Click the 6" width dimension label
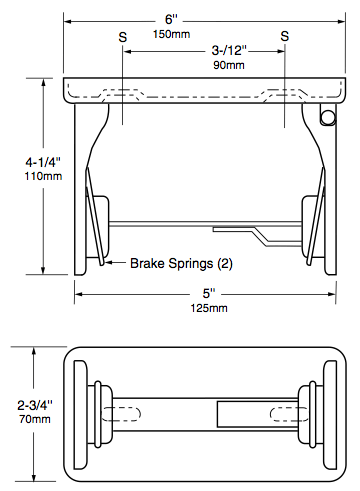[x=171, y=19]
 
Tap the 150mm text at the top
[x=171, y=34]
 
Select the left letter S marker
[x=123, y=37]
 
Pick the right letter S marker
[x=284, y=36]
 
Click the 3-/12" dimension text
[x=229, y=50]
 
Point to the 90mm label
[x=229, y=65]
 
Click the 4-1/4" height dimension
[x=43, y=162]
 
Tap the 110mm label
[x=43, y=176]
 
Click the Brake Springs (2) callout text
[x=181, y=263]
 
